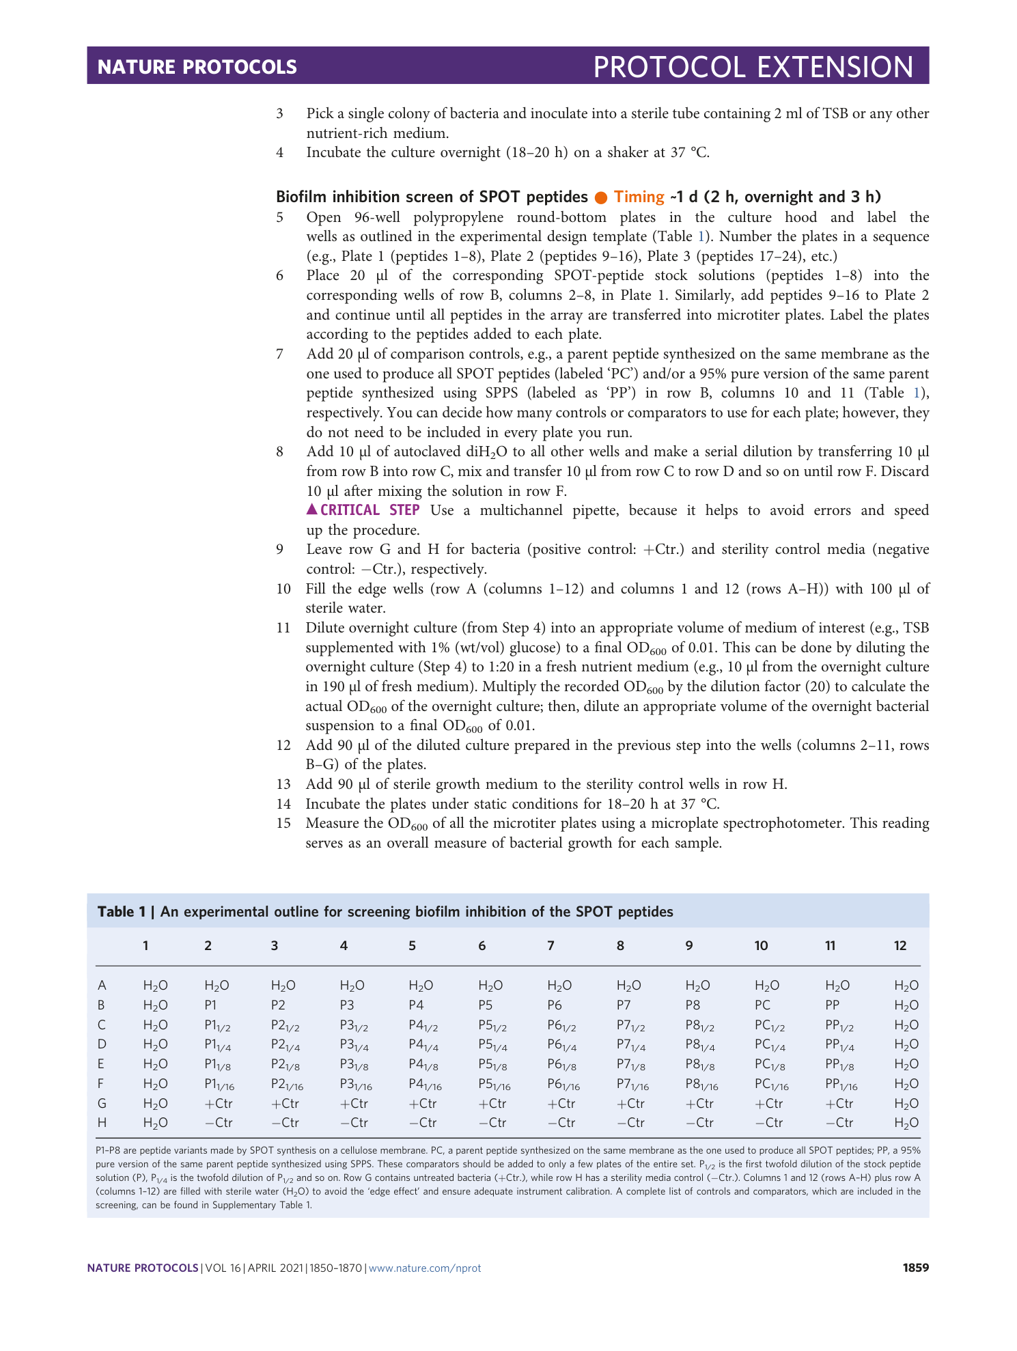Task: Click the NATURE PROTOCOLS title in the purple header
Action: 197,66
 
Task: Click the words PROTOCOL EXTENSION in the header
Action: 753,67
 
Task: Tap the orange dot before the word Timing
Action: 601,197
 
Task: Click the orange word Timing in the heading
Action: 639,197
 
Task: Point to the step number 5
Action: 279,217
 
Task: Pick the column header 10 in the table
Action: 761,945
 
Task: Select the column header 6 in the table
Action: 482,945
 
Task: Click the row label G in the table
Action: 102,1103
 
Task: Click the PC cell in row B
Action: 762,1005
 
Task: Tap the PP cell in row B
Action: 833,1005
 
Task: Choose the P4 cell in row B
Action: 416,1005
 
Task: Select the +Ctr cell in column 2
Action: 219,1103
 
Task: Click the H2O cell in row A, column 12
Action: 906,985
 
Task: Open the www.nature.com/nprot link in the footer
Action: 425,1268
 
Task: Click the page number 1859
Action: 915,1268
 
